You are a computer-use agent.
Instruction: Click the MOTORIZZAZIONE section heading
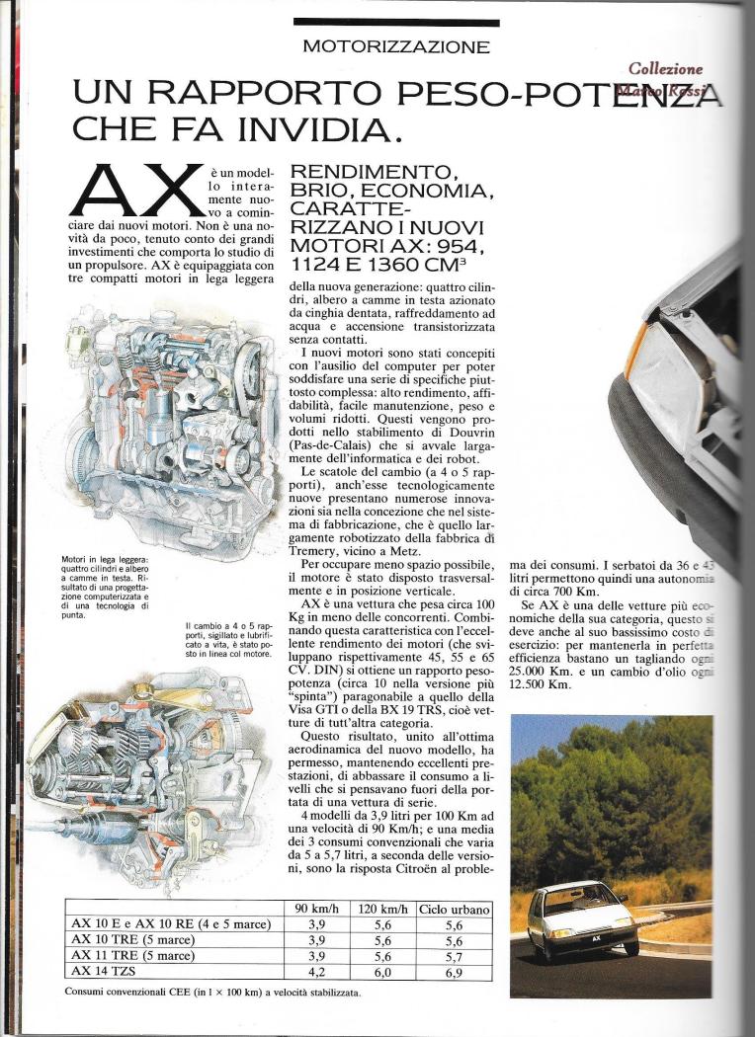click(395, 45)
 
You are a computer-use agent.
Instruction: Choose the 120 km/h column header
click(384, 909)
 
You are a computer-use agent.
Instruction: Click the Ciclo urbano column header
click(454, 909)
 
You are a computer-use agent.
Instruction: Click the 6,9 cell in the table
click(454, 972)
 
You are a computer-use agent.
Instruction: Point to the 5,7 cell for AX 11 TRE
click(454, 956)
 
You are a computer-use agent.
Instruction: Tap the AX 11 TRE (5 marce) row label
click(133, 956)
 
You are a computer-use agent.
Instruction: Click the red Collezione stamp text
click(666, 70)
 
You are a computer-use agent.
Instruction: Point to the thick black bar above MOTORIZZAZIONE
click(395, 22)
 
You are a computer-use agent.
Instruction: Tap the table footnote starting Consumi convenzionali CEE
click(212, 991)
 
